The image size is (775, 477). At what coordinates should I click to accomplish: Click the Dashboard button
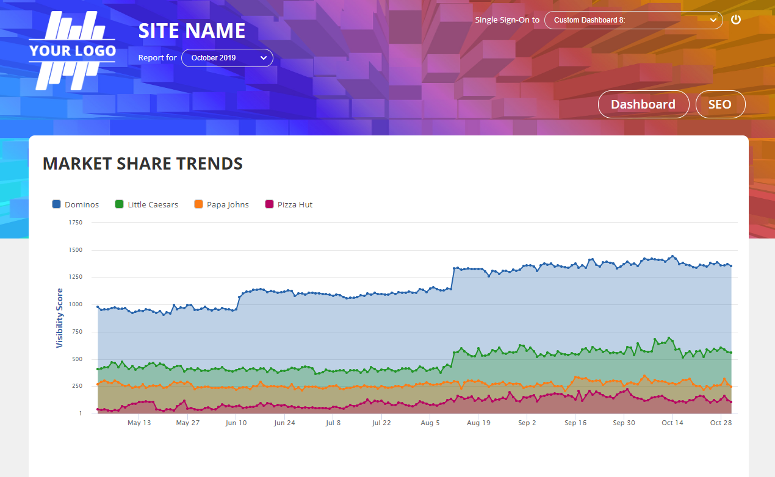643,104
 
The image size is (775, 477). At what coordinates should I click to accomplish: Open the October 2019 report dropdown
227,58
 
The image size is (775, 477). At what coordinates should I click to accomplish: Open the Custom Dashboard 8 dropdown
633,20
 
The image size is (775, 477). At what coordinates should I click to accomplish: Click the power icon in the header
736,20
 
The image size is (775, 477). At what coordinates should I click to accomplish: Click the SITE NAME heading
192,30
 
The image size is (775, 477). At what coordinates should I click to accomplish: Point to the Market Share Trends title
143,163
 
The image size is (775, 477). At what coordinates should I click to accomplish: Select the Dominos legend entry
76,204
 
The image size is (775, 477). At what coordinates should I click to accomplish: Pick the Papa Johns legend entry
222,204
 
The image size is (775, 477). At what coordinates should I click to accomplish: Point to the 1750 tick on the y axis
76,223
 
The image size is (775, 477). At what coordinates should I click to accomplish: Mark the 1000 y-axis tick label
76,304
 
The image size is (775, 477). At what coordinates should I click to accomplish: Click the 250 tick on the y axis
77,386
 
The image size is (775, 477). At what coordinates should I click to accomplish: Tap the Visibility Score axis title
60,318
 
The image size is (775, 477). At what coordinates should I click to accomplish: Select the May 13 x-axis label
139,423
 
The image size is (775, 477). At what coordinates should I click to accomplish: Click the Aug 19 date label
478,423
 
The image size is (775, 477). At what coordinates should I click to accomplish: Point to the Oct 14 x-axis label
672,423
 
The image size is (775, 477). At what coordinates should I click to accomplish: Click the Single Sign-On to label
507,20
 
